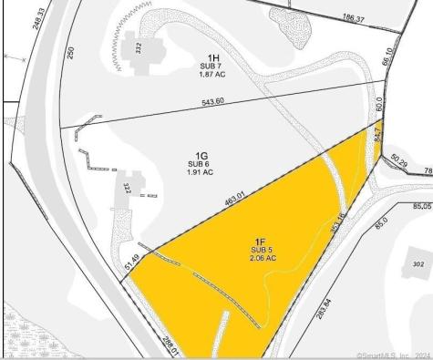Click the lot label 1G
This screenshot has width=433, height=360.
[200, 154]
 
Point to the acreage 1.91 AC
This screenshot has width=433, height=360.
[200, 171]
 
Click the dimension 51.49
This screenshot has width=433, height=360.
[130, 262]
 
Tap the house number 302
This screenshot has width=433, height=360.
[418, 262]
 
